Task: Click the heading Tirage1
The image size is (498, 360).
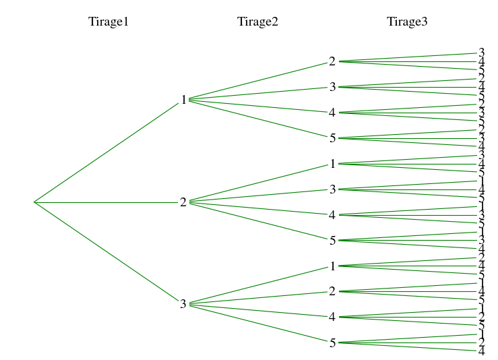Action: click(x=108, y=22)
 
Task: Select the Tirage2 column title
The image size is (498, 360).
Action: click(x=257, y=22)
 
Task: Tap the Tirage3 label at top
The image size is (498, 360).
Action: click(x=407, y=22)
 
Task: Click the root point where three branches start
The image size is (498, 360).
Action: click(x=34, y=202)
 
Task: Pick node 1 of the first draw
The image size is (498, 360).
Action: click(x=183, y=100)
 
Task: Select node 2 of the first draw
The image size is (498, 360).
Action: click(x=183, y=202)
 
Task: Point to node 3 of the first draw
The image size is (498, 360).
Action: click(x=183, y=304)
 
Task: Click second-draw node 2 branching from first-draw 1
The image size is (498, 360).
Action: click(x=332, y=61)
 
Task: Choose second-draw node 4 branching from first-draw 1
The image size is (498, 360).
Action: click(x=332, y=113)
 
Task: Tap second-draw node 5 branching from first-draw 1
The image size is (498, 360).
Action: click(x=332, y=138)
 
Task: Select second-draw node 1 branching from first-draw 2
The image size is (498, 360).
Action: click(x=332, y=164)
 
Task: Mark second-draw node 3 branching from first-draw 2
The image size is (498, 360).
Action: click(x=332, y=189)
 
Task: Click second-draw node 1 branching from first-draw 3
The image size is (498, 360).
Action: click(x=332, y=266)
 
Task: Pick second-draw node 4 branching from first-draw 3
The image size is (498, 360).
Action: click(x=332, y=317)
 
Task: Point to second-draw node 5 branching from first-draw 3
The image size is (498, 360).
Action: click(x=332, y=343)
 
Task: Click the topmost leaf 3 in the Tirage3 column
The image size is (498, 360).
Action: click(x=481, y=53)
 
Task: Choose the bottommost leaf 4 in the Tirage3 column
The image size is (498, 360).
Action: click(x=481, y=351)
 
